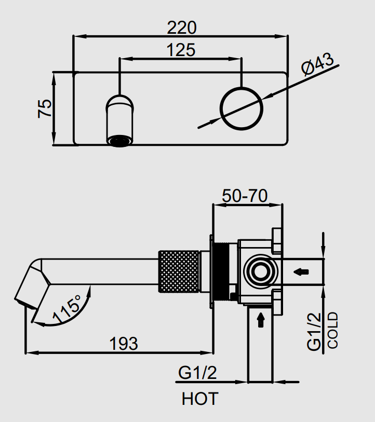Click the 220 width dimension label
click(182, 26)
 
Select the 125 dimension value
click(181, 50)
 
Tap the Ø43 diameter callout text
click(317, 67)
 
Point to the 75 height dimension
click(46, 108)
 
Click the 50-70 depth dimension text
click(245, 196)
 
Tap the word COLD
click(333, 330)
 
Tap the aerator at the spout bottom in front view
click(120, 141)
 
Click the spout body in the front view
click(120, 117)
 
